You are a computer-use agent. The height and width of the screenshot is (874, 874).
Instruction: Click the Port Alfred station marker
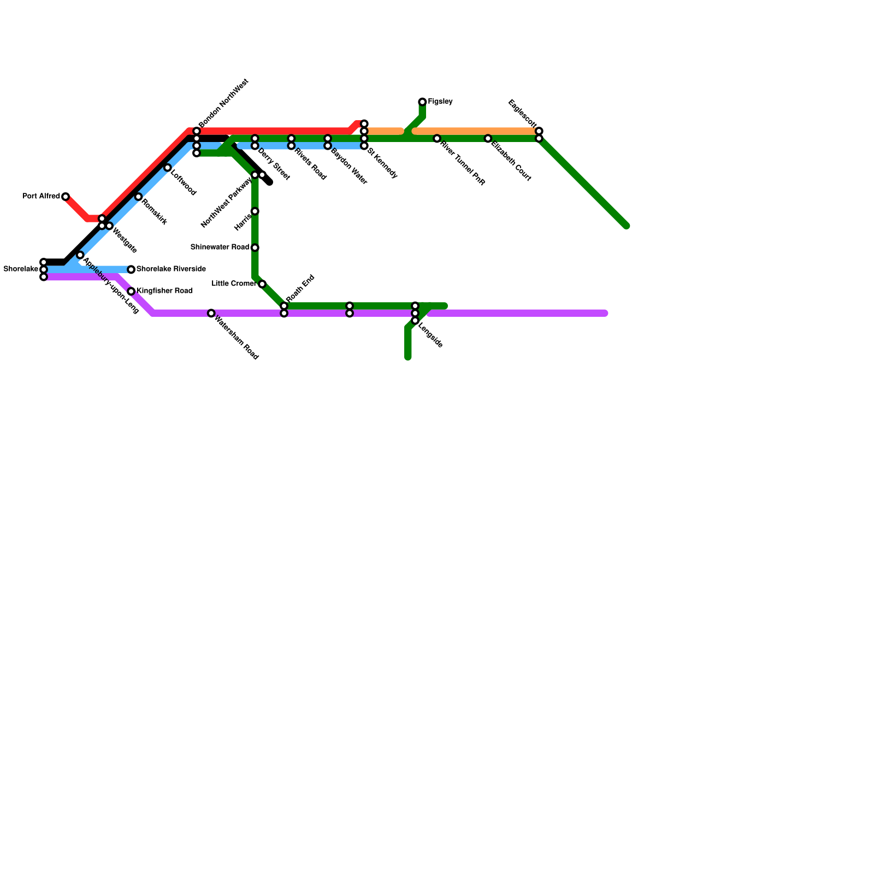click(x=66, y=197)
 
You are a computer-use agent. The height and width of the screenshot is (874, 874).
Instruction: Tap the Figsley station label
click(x=440, y=102)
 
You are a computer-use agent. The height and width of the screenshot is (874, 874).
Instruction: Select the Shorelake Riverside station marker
click(x=131, y=269)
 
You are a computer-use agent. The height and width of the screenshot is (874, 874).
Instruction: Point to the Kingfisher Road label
click(x=164, y=291)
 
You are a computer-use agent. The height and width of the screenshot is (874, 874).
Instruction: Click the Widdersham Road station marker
click(x=211, y=313)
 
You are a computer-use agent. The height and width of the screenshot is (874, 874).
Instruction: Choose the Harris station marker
click(x=255, y=211)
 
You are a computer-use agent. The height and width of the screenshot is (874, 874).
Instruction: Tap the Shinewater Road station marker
click(x=255, y=247)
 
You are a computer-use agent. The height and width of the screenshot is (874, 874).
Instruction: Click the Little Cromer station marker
click(x=262, y=284)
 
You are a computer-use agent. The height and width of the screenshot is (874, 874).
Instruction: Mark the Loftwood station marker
click(x=168, y=168)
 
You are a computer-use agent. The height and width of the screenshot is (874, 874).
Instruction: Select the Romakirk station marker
click(x=138, y=197)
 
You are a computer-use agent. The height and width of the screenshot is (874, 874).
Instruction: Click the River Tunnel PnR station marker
click(x=437, y=139)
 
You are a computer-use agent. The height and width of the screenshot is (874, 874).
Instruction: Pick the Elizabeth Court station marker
click(x=488, y=139)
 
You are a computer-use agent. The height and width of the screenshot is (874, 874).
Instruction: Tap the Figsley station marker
click(x=422, y=102)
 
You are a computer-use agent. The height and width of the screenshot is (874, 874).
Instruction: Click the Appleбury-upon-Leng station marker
click(x=80, y=255)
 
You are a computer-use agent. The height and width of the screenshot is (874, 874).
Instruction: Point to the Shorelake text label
click(x=21, y=269)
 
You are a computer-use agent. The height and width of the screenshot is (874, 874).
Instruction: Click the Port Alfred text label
click(x=41, y=197)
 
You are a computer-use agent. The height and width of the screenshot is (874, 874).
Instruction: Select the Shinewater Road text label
click(x=220, y=247)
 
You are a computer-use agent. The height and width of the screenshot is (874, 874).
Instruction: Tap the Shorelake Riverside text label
click(x=171, y=269)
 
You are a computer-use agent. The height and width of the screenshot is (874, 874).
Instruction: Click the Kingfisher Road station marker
click(x=131, y=291)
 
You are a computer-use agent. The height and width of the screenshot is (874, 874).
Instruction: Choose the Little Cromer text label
click(x=233, y=284)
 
